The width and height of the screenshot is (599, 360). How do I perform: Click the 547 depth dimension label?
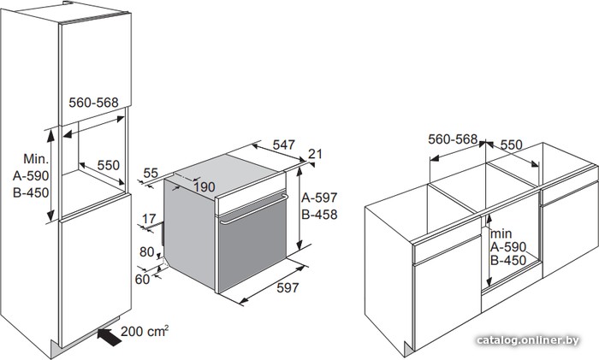(284, 145)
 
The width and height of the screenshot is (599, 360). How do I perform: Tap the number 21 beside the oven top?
(315, 154)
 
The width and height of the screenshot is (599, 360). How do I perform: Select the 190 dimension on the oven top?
(204, 187)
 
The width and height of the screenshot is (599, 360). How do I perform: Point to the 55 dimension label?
(151, 173)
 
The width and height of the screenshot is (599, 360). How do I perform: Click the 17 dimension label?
(149, 219)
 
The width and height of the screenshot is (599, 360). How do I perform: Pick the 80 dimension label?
(146, 252)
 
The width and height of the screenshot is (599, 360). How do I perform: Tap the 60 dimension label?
(142, 279)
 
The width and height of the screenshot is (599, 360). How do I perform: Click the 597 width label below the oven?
(288, 287)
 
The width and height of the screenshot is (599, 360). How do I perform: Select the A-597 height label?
(319, 198)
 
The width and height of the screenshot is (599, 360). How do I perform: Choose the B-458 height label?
(319, 215)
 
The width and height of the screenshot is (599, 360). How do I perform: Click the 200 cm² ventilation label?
(145, 331)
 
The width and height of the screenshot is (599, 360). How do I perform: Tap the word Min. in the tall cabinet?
(36, 159)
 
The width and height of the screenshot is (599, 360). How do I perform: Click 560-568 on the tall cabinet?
(93, 103)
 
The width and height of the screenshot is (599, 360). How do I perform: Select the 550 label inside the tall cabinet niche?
(109, 165)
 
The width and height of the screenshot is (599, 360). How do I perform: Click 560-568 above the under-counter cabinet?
(453, 139)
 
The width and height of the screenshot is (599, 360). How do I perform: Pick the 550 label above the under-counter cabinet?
(511, 145)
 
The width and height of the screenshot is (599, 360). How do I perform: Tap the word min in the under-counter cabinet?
(501, 233)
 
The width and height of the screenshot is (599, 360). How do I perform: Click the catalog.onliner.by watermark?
(528, 340)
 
